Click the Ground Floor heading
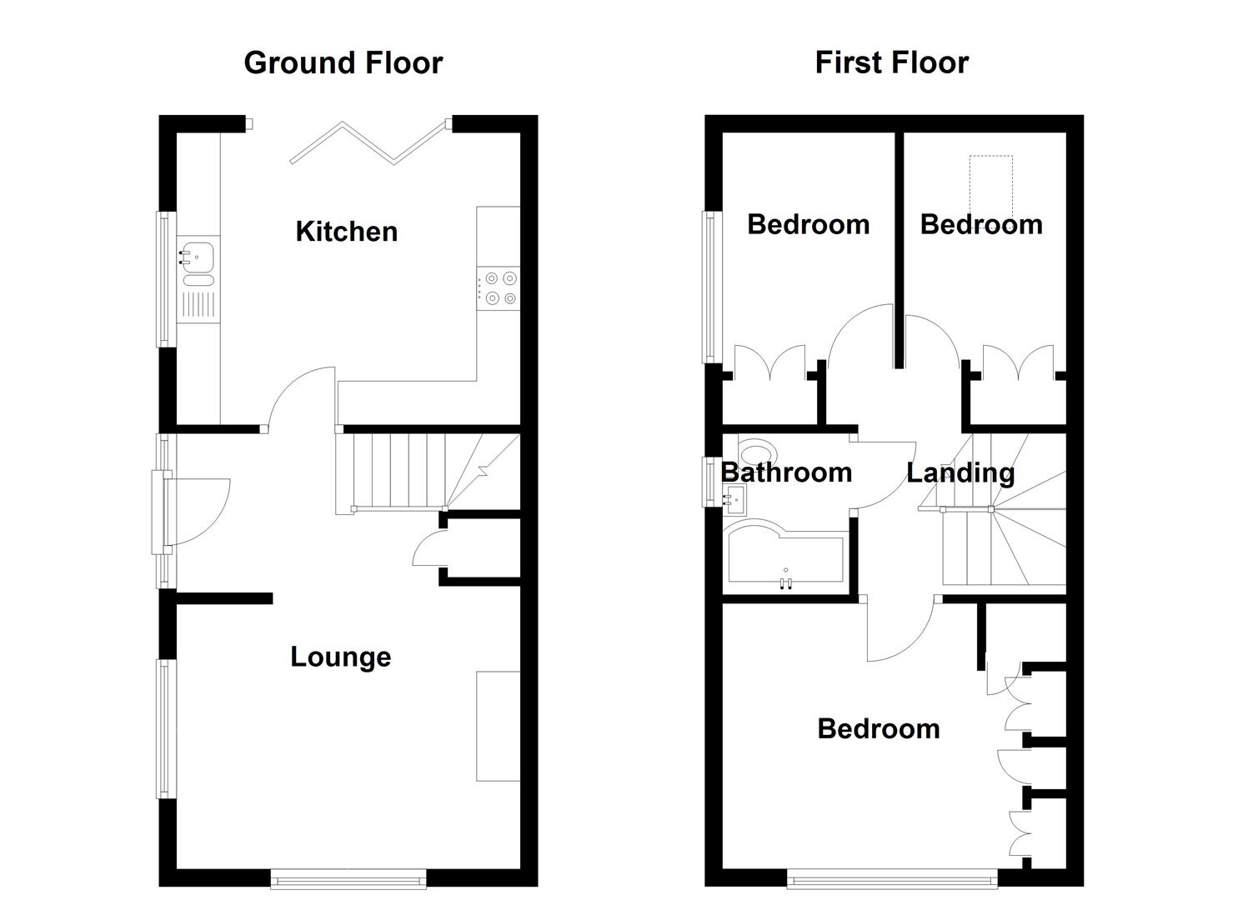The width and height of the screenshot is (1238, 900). [343, 63]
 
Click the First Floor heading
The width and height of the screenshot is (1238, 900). [891, 62]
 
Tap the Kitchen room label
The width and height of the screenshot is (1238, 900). [347, 232]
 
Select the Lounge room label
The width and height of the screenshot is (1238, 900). [340, 657]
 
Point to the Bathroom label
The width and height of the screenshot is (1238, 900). [786, 473]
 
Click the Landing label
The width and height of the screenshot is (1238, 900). [960, 473]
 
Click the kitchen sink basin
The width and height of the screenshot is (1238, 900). [198, 257]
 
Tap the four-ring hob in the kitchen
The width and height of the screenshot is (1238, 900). [499, 288]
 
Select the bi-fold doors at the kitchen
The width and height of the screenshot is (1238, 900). [369, 142]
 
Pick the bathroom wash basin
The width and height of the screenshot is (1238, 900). [735, 499]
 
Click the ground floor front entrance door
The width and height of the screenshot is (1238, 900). [197, 512]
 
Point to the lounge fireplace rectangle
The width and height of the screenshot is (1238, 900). [498, 726]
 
